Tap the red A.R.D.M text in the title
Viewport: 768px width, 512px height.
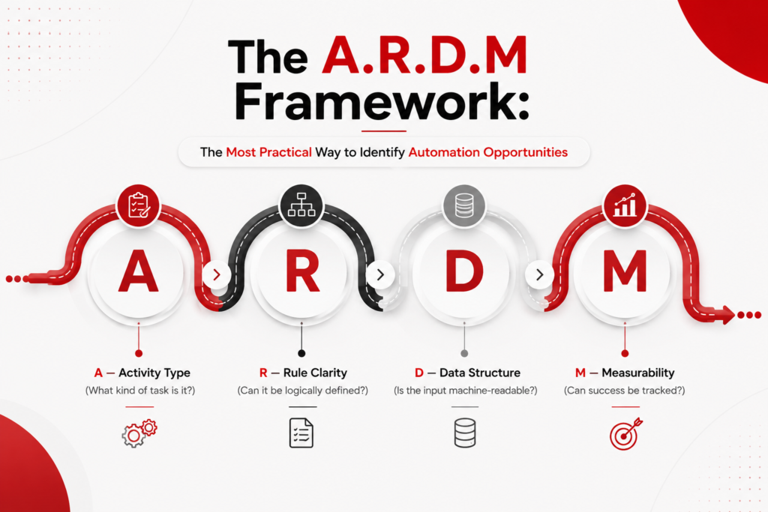pos(424,55)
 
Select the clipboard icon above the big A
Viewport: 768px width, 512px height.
pos(139,205)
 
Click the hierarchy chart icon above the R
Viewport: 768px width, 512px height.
pos(301,205)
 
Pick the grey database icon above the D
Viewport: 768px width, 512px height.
pos(463,205)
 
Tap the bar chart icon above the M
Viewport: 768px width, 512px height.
pos(625,205)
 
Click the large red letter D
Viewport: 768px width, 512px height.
pos(464,271)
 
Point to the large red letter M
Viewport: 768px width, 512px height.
pos(625,271)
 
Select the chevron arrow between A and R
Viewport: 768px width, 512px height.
pos(216,274)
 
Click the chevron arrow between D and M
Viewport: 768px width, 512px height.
pos(539,274)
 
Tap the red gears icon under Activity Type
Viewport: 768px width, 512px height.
pos(139,433)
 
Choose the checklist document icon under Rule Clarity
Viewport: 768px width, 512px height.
pos(301,433)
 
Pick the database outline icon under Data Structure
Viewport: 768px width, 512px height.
pos(465,433)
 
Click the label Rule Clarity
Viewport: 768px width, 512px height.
pos(315,373)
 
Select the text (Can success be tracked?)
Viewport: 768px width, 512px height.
pos(625,391)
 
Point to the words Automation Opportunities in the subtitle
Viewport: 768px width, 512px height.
pos(487,152)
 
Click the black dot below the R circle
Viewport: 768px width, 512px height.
pos(301,353)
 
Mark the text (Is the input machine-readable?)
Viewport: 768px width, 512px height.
pos(465,391)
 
